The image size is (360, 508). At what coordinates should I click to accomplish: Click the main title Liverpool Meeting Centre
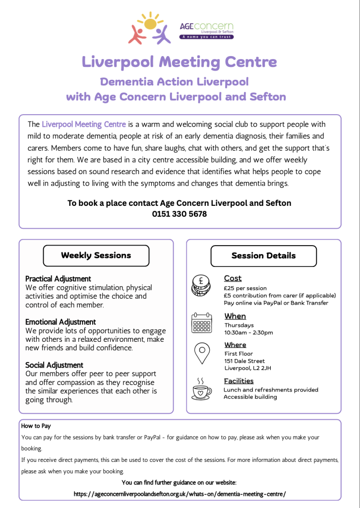pyautogui.click(x=180, y=62)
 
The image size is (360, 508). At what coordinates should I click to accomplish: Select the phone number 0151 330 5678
pyautogui.click(x=180, y=214)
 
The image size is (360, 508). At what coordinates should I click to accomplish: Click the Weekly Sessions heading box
pyautogui.click(x=96, y=255)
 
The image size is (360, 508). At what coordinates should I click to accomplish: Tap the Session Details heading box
pyautogui.click(x=263, y=256)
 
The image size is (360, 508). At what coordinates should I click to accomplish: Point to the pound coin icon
pyautogui.click(x=201, y=285)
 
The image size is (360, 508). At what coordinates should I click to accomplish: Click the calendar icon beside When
pyautogui.click(x=202, y=322)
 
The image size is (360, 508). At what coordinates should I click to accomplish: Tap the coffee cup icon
pyautogui.click(x=201, y=389)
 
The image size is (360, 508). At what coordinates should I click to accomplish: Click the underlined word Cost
pyautogui.click(x=233, y=278)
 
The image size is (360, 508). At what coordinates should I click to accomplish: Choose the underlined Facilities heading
pyautogui.click(x=239, y=381)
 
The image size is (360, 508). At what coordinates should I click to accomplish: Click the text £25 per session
pyautogui.click(x=245, y=288)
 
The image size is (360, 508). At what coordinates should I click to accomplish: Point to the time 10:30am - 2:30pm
pyautogui.click(x=248, y=332)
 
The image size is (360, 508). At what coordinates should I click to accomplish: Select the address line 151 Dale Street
pyautogui.click(x=244, y=361)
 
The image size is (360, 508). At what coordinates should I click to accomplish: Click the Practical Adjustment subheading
pyautogui.click(x=58, y=279)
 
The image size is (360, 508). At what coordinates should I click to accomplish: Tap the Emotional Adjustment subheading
pyautogui.click(x=60, y=322)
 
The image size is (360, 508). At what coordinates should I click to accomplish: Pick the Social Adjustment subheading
pyautogui.click(x=54, y=365)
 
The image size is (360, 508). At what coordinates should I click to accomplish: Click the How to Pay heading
pyautogui.click(x=36, y=426)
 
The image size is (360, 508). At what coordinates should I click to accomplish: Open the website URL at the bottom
pyautogui.click(x=180, y=494)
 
